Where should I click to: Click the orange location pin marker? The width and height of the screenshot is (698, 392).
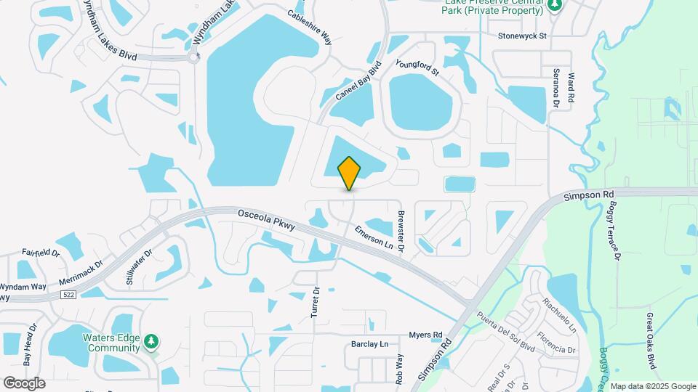click(349, 173)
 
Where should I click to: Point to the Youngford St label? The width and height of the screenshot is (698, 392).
click(417, 68)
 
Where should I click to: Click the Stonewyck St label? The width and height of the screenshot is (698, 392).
click(522, 35)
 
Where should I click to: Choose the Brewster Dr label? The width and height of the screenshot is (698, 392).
click(401, 231)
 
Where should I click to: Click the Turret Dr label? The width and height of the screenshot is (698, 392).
click(316, 300)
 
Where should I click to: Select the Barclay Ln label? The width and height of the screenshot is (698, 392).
click(370, 343)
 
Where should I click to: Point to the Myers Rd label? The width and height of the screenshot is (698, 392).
click(425, 335)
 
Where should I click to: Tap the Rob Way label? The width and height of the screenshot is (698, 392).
click(399, 369)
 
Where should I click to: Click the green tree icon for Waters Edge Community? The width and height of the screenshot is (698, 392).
click(151, 341)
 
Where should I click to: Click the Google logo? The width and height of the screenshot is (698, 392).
click(24, 383)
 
